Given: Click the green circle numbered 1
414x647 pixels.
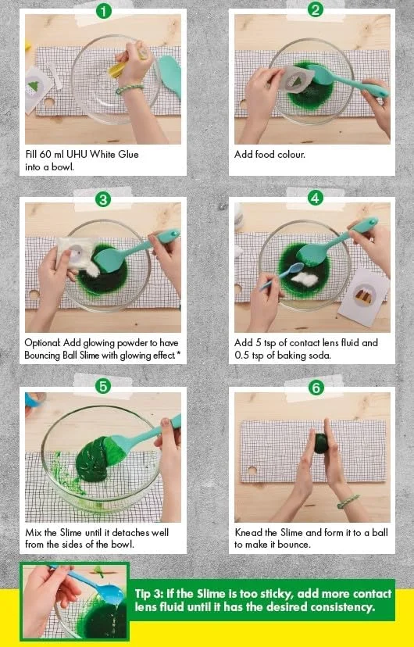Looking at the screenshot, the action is coord(103,10).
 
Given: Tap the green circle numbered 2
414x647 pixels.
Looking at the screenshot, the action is coord(315,9).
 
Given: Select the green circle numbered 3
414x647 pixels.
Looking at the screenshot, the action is coord(102,200).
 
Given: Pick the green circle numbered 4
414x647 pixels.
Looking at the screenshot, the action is coord(315,198).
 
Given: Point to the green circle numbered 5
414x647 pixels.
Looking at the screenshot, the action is coord(102,386).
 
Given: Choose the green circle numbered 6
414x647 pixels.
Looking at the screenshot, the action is coord(316,388).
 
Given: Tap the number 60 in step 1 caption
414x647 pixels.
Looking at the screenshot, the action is coord(45,154).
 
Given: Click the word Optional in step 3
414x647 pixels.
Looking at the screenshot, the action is coord(42,343).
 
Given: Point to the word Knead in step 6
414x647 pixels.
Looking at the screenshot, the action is coord(247,532).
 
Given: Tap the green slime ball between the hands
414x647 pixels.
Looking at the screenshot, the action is coord(321,442).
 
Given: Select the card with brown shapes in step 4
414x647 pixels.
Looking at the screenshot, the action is coord(363,297).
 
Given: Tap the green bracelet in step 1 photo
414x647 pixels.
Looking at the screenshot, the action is coord(129,89).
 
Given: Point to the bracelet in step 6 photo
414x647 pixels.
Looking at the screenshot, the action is coord(348,501).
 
